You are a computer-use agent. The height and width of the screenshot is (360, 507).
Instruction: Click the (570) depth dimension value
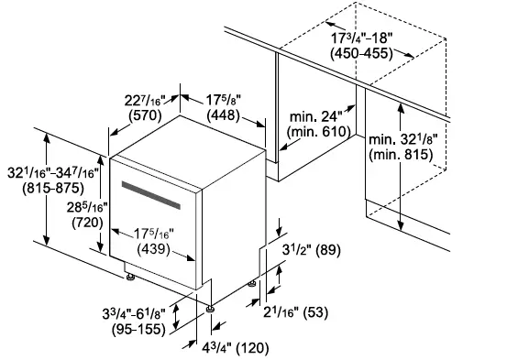pos(147,116)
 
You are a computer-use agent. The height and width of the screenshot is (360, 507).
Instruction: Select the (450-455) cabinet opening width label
pos(362,54)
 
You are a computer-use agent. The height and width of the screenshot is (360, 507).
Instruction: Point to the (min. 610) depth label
pos(316,134)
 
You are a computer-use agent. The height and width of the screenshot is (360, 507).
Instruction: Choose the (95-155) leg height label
pos(140,330)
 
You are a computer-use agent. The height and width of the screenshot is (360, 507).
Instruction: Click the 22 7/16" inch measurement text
pos(146,98)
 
